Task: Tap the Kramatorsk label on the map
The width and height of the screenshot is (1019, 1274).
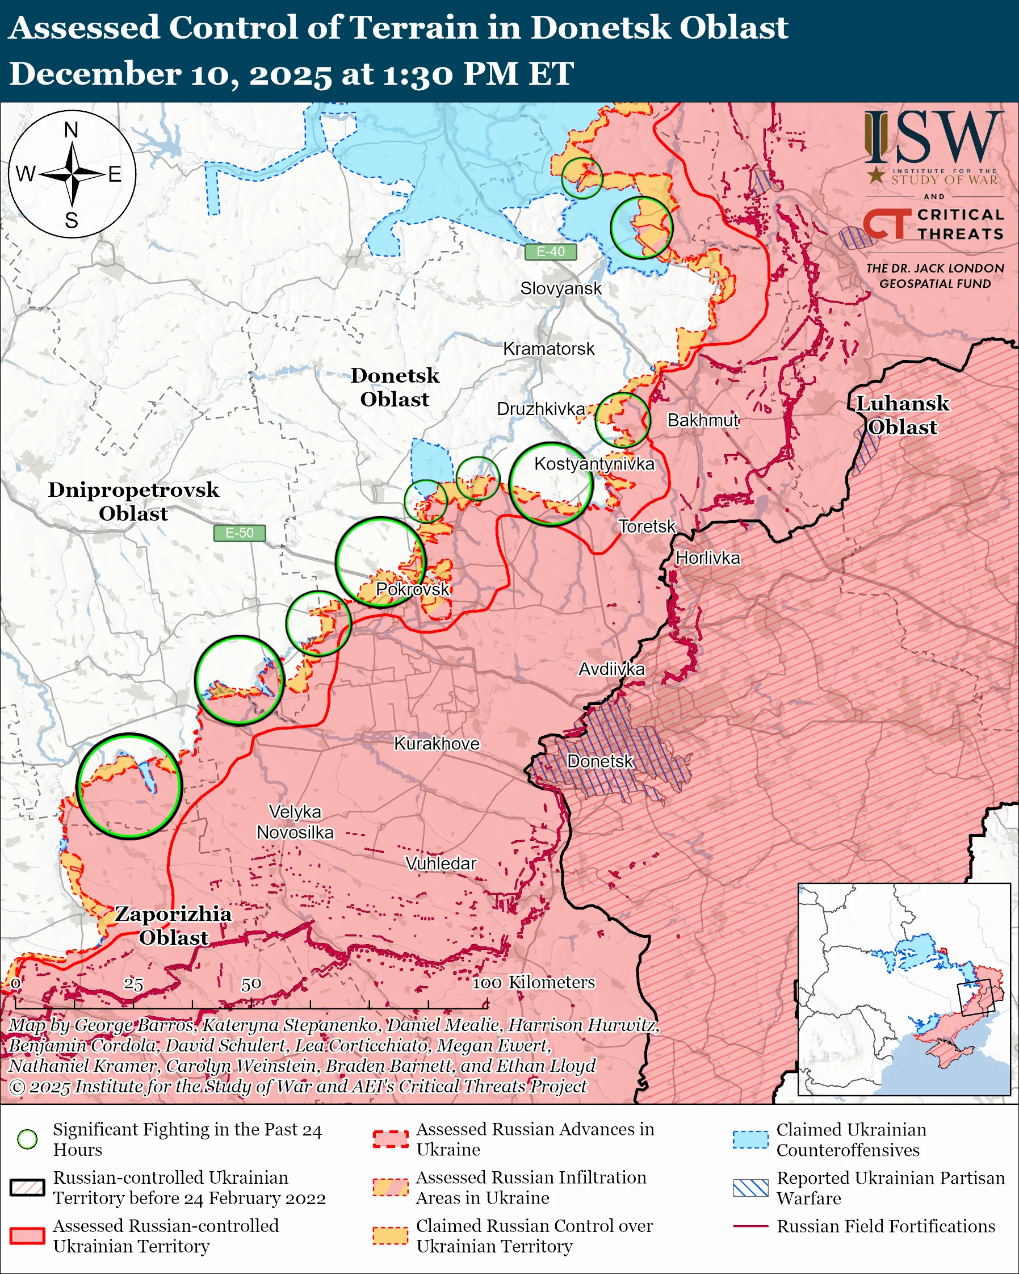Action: point(548,349)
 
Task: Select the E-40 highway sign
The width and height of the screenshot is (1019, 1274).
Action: point(550,252)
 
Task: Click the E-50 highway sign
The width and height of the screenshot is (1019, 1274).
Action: point(239,533)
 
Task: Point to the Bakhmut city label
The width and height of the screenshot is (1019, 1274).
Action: point(702,420)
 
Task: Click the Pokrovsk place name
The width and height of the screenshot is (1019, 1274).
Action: point(412,589)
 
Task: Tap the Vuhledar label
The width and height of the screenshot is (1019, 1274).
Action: point(441,864)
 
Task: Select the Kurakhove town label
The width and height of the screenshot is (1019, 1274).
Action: point(437,743)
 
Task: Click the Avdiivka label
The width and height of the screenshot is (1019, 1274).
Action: point(611,669)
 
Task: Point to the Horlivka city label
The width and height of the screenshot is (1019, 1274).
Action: point(707,558)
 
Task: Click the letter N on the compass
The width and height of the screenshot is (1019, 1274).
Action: point(71,130)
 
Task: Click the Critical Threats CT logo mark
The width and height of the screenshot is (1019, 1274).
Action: point(886,224)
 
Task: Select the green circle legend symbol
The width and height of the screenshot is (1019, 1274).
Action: point(27,1139)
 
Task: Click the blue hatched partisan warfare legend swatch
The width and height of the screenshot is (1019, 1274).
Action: point(750,1188)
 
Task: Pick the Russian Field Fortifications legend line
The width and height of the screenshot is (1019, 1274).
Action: point(750,1227)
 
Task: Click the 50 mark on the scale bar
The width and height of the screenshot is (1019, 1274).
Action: point(251,984)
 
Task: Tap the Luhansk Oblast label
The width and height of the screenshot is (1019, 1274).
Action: point(902,415)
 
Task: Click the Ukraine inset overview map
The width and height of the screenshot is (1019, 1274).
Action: point(904,989)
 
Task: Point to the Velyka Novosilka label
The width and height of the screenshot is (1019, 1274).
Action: point(295,822)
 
